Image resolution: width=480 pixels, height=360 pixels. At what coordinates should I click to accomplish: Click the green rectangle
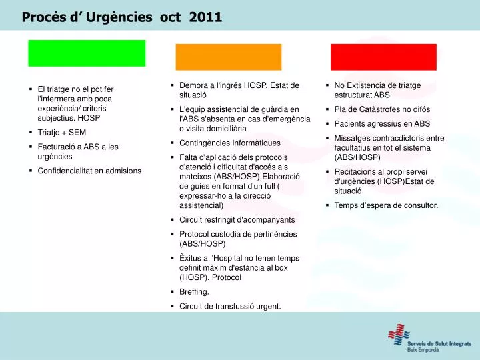pos(87,53)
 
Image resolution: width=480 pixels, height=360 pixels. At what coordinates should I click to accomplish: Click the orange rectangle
pos(229,57)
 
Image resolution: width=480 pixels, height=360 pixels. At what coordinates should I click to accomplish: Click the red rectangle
pos(383,57)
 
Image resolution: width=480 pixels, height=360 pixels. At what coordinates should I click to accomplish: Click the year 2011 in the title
pos(205,17)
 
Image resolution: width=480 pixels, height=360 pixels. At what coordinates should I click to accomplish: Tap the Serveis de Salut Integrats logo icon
pos(399,334)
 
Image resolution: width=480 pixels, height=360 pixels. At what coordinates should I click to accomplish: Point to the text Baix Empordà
pos(423,349)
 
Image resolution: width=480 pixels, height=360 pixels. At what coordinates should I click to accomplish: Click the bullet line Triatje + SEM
pos(62,133)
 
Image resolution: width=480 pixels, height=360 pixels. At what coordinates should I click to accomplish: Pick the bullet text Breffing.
pos(194,292)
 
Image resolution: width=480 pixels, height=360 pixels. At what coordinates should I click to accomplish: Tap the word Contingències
pos(204,143)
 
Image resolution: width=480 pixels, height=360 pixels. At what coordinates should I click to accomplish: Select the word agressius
pos(386,124)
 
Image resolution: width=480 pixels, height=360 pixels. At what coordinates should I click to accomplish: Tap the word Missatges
pos(351,139)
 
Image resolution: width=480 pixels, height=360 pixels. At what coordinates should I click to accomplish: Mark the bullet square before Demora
pos(173,85)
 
